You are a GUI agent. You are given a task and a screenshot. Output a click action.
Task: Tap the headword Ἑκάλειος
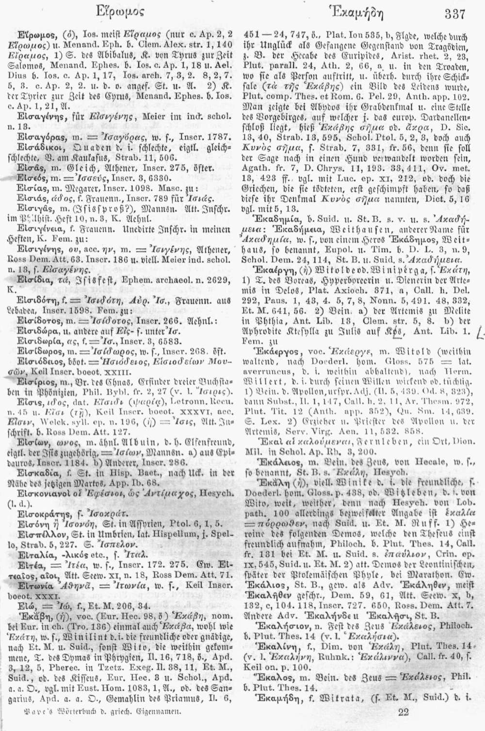(x=270, y=469)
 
